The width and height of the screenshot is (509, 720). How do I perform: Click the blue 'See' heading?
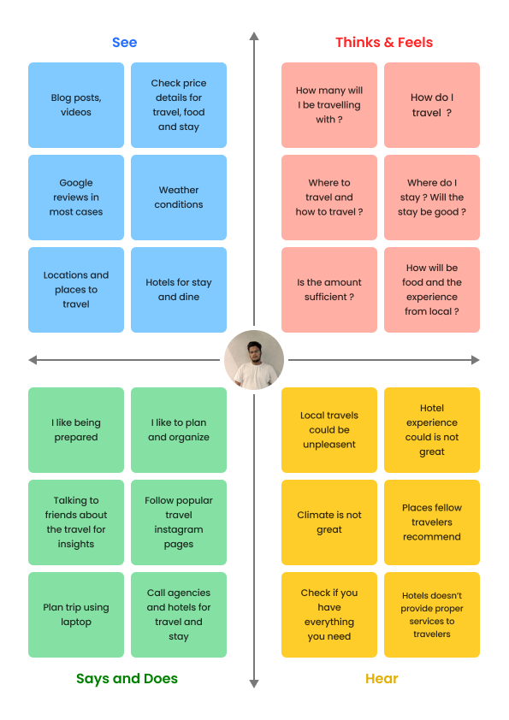point(125,42)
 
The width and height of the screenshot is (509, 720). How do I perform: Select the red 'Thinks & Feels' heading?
point(384,42)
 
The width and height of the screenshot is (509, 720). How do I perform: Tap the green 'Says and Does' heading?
point(127,679)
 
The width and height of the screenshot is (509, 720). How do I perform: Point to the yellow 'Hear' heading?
point(382,679)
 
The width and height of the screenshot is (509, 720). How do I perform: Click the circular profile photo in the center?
point(254,360)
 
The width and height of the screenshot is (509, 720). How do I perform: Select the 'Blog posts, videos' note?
point(76,105)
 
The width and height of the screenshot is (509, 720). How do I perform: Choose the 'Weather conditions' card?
point(179,198)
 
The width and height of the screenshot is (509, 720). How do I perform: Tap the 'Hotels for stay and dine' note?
point(179,290)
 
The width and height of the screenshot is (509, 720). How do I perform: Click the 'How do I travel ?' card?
point(432,105)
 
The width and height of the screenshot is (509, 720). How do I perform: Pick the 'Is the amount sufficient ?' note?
point(329,290)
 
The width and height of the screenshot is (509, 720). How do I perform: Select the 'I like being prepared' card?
point(76,430)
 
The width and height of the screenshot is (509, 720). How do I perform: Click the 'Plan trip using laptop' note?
point(76,614)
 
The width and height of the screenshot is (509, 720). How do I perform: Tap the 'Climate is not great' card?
point(329,522)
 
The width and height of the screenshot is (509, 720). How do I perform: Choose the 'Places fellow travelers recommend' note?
point(432,522)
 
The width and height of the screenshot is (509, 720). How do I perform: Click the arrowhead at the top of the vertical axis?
point(254,36)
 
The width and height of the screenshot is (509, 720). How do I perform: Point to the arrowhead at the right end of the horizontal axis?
point(476,360)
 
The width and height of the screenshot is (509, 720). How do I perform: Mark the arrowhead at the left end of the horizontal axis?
point(33,360)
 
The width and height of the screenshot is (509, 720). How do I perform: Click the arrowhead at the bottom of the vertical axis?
point(254,684)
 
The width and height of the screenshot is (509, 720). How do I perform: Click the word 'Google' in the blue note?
point(76,183)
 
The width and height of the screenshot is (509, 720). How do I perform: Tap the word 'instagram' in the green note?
point(179,529)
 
